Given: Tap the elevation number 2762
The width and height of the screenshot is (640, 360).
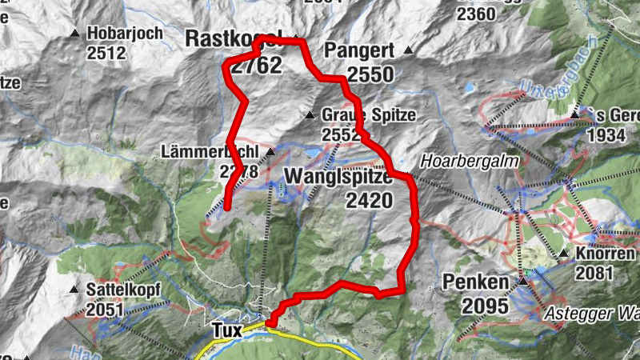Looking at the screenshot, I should coord(258,66).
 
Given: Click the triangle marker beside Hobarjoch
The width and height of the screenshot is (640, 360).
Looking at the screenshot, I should coord(75,34).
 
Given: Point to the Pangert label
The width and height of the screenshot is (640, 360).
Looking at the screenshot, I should coord(360,51).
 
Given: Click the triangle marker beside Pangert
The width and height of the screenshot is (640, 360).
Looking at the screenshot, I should coord(408,50).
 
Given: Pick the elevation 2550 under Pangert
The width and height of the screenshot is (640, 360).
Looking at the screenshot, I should coord(370,75).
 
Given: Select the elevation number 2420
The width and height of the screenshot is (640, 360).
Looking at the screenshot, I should coord(370,200).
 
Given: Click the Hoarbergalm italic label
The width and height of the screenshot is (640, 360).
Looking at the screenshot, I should coord(471,161).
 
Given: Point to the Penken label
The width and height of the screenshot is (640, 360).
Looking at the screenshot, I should coord(475,282).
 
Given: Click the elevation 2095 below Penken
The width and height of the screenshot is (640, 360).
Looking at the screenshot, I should coord(484,306).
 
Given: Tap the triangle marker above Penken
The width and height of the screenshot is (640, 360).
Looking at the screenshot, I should coord(523,282).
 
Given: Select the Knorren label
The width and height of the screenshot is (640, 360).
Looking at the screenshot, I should coord(606,254).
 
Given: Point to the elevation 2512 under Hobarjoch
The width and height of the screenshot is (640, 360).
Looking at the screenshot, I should coord(108,54).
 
